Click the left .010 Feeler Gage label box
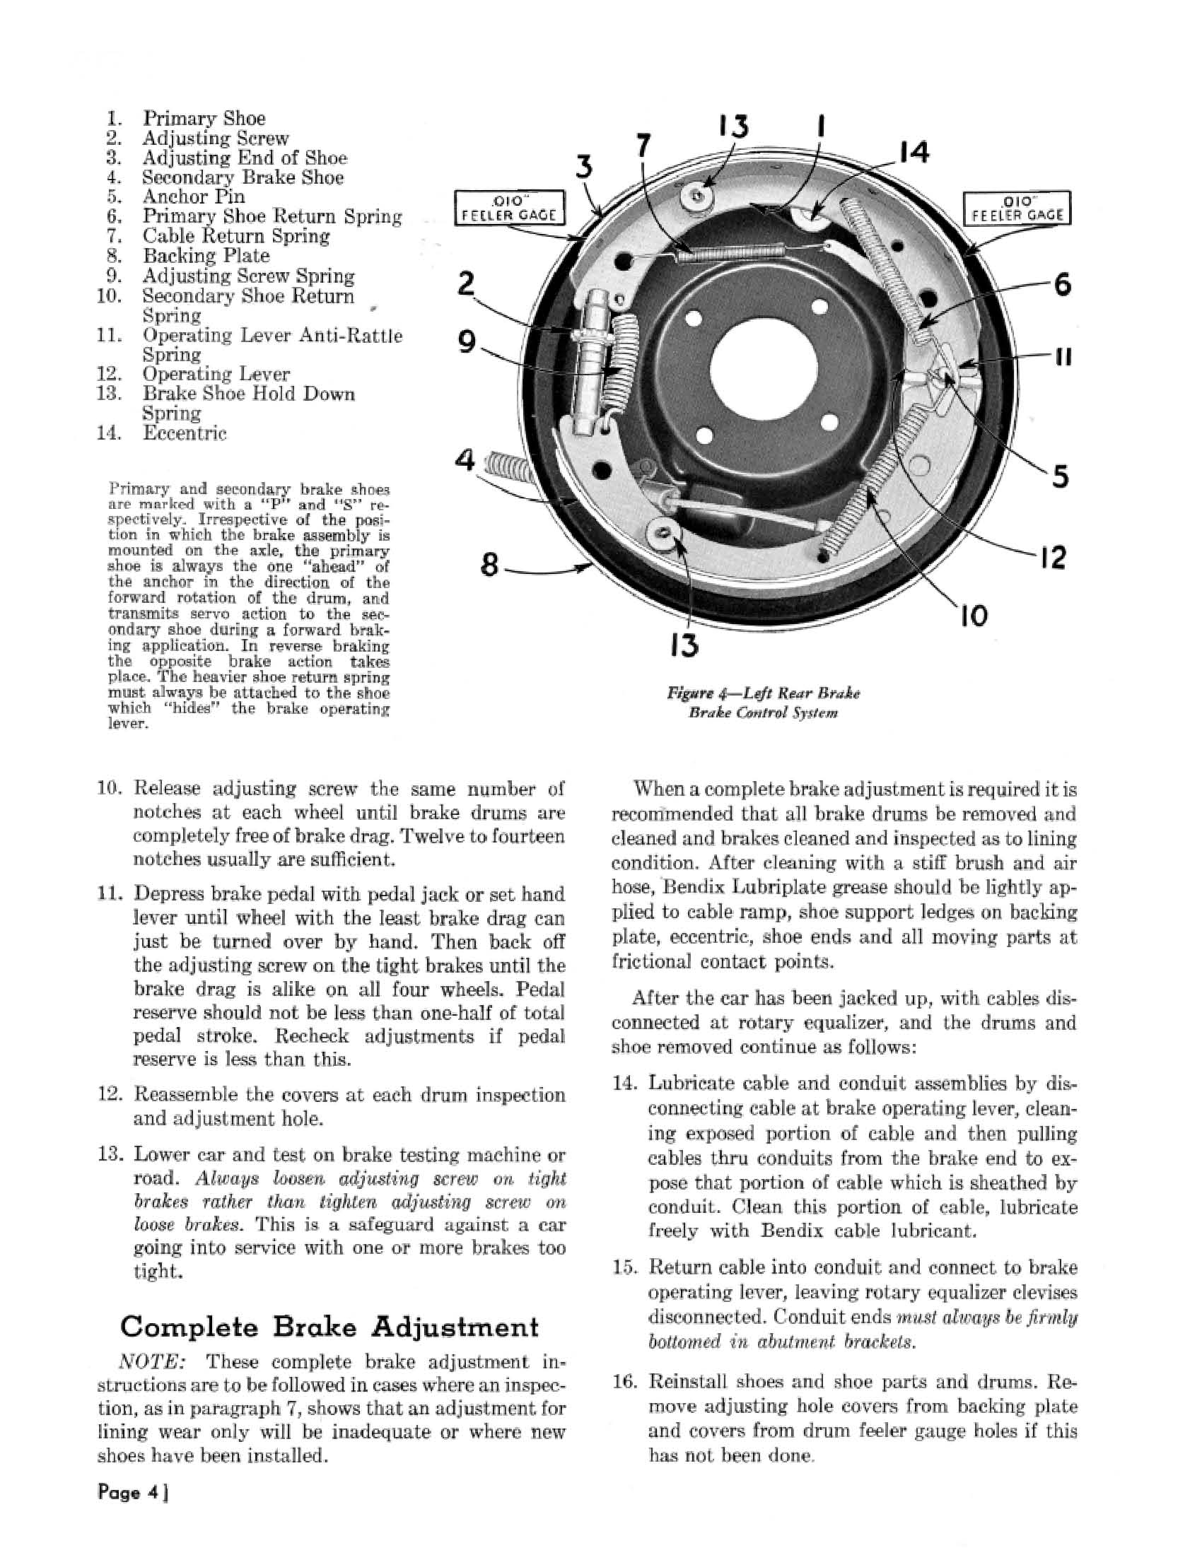coord(510,208)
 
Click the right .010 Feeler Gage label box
coord(1016,208)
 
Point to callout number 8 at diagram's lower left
coord(489,566)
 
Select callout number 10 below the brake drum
coord(973,615)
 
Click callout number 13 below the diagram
coord(684,645)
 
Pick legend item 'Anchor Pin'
coord(193,196)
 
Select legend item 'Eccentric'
coord(185,433)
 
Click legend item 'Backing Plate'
coord(206,256)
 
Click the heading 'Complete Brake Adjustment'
coord(329,1327)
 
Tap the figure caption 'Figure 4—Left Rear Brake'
coord(763,693)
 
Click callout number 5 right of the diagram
coord(1060,476)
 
